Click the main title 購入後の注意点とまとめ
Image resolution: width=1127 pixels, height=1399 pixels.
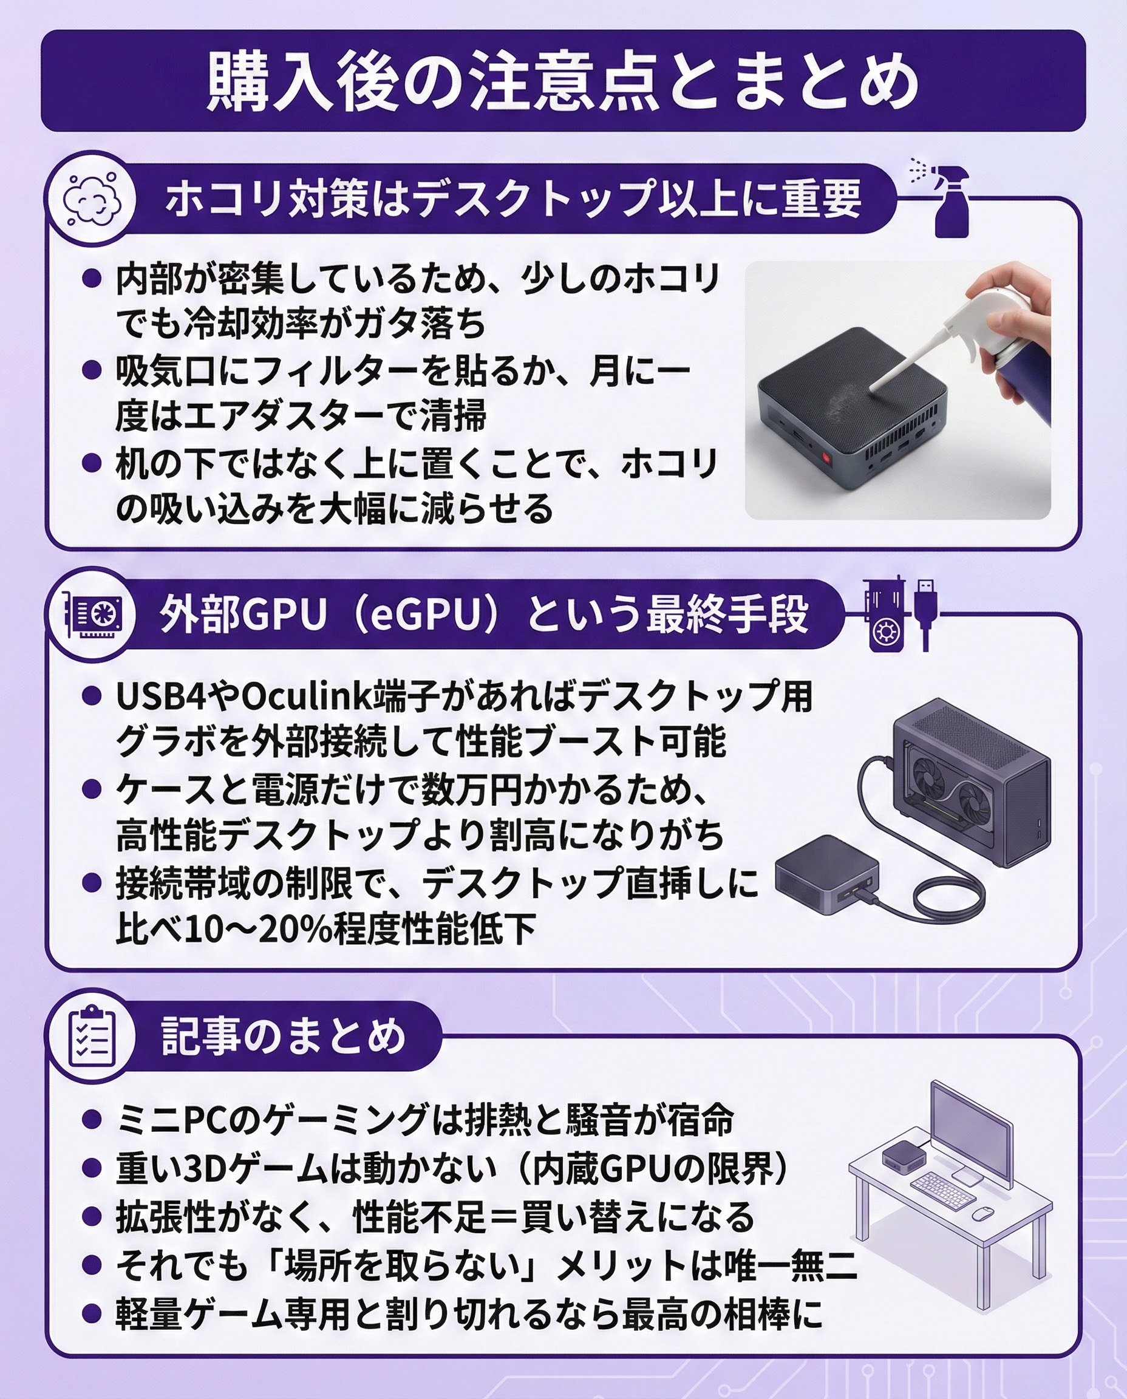[563, 83]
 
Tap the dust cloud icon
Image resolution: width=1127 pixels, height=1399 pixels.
[92, 199]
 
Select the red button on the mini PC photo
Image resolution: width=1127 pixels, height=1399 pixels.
[826, 458]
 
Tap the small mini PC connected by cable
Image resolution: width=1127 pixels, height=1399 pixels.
[827, 874]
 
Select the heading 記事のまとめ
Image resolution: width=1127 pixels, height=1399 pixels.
[284, 1035]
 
